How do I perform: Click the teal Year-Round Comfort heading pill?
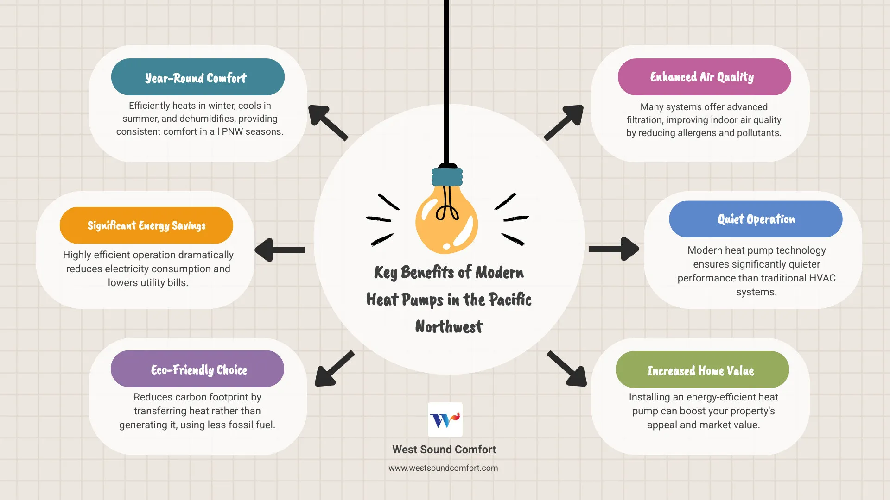(197, 77)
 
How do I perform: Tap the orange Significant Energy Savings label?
(146, 225)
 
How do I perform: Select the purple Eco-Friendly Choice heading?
(197, 369)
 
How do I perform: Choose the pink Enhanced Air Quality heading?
(704, 77)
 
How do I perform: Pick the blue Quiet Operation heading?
(756, 219)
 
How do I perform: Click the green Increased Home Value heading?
(702, 370)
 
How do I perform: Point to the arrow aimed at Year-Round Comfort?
(327, 122)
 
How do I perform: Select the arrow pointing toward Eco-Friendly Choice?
(334, 369)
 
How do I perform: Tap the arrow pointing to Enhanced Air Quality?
(564, 122)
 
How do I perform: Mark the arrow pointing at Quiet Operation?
(614, 249)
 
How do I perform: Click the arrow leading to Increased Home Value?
(567, 369)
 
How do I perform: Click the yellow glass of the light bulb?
(446, 222)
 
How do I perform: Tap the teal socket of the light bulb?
(447, 176)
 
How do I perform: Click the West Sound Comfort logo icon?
(445, 419)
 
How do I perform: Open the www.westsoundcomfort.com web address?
(443, 468)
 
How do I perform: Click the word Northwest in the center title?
(449, 327)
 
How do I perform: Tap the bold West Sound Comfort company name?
(444, 450)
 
